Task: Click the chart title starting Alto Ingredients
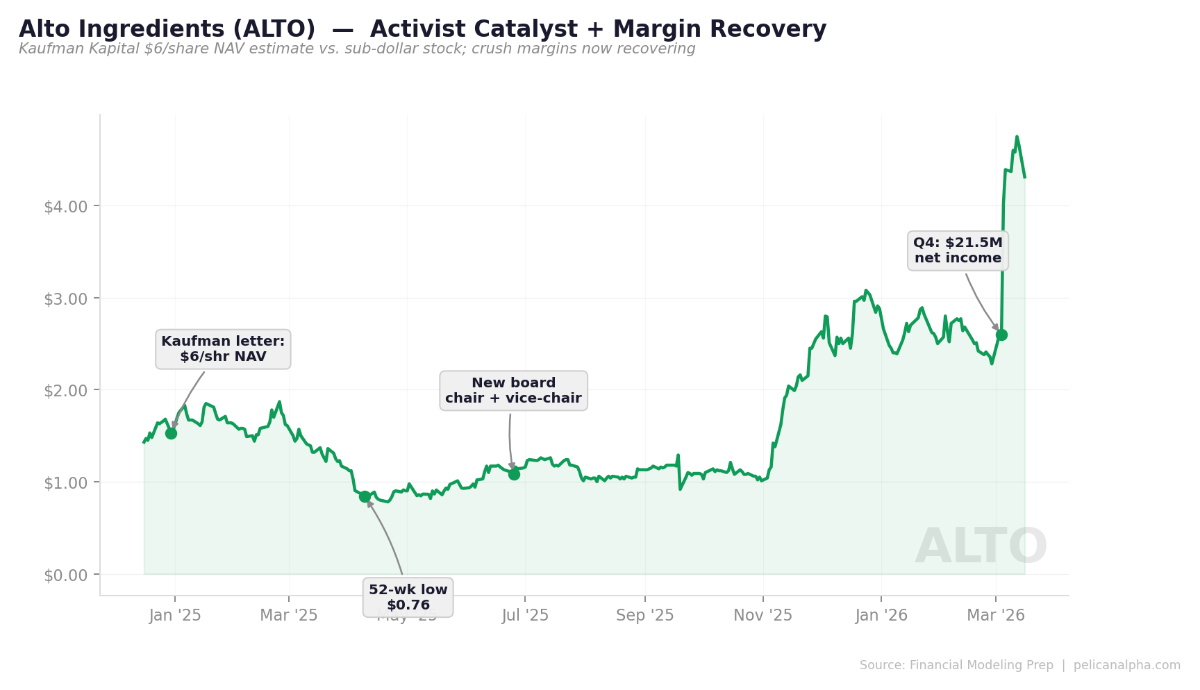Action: click(x=422, y=29)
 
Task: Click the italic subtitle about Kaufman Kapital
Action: click(x=357, y=49)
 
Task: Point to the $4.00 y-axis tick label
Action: click(x=66, y=207)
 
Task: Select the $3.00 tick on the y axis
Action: click(x=66, y=299)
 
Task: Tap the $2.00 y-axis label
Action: click(x=66, y=391)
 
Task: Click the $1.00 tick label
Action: click(x=66, y=483)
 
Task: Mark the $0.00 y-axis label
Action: click(x=66, y=575)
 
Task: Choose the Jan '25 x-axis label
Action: click(x=175, y=616)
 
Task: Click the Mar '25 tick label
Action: click(x=289, y=616)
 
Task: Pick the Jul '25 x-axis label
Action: click(x=525, y=616)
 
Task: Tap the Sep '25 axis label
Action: click(x=645, y=616)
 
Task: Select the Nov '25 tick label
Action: click(x=763, y=616)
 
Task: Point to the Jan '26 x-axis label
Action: click(x=881, y=616)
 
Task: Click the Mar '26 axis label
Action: click(x=996, y=616)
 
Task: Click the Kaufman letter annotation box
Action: click(x=223, y=349)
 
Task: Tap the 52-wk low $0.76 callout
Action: click(x=408, y=597)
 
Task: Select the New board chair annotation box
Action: click(x=513, y=391)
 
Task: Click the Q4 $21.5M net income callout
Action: click(x=958, y=251)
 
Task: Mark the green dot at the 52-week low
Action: click(x=365, y=496)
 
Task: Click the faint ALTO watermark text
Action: click(x=981, y=547)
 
